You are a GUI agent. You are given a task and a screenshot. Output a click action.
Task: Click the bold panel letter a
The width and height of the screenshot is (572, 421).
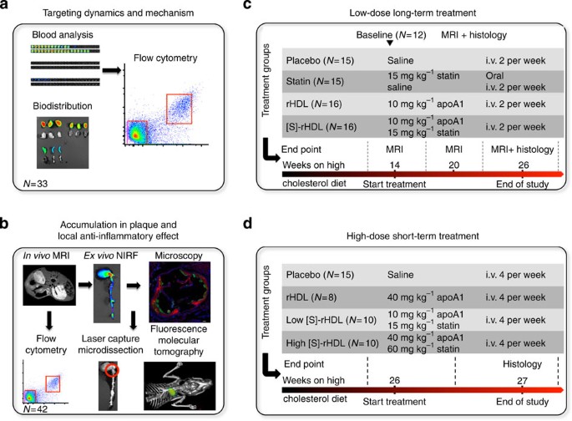coord(7,8)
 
